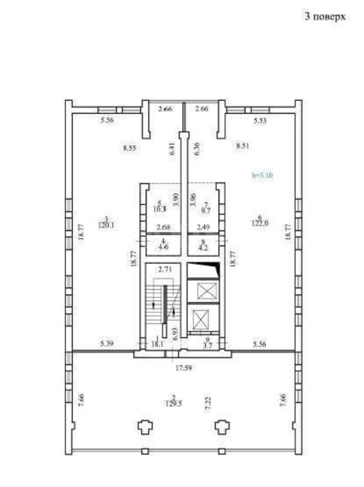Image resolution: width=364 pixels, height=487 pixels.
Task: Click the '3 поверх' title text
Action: (x=325, y=17)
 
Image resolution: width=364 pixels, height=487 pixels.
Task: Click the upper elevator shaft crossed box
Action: (x=203, y=291)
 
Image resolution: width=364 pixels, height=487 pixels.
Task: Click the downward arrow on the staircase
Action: (x=174, y=312)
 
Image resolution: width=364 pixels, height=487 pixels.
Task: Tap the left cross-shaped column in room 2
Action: (x=145, y=427)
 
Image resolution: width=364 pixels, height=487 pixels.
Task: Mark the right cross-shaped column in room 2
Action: (x=222, y=427)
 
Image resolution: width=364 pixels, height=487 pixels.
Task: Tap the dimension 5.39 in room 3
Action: (x=107, y=344)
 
